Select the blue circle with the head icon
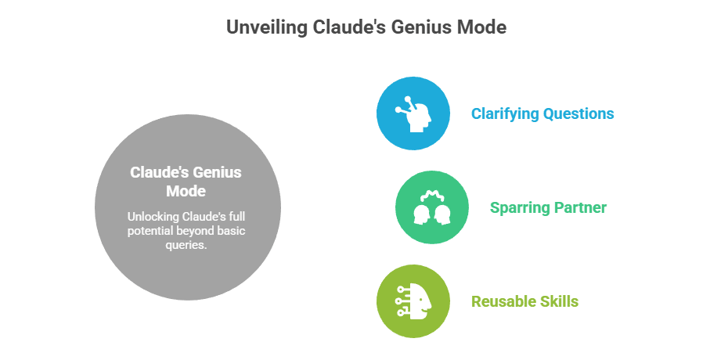[413, 113]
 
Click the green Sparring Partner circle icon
[432, 207]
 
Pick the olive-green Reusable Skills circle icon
[413, 301]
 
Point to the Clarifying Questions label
[542, 113]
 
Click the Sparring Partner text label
[548, 207]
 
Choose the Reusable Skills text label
[525, 301]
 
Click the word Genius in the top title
[411, 27]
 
